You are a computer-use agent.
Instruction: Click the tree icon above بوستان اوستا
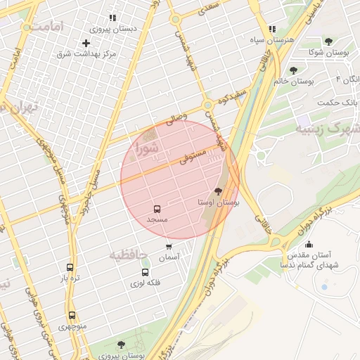218,191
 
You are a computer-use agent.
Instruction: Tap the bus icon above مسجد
157,209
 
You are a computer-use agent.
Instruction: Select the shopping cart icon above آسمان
169,247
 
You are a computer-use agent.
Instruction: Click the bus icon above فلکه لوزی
146,272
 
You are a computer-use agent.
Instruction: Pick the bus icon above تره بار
70,267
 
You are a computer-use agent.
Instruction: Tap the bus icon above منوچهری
72,316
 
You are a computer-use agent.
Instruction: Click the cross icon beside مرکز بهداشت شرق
86,43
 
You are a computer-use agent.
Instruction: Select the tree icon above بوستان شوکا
328,41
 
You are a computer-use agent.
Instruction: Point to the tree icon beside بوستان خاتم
293,70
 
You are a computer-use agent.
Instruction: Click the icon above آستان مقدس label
309,244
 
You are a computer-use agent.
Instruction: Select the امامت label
48,26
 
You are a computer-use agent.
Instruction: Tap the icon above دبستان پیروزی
112,18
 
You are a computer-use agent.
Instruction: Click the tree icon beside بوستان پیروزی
121,345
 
